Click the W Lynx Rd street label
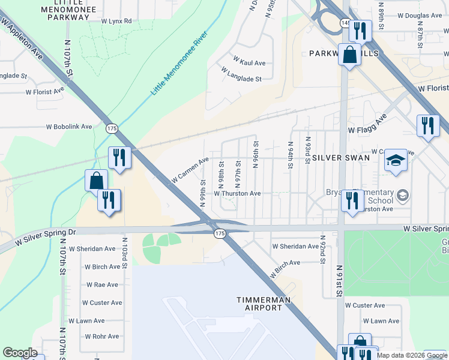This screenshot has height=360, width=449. tap(116, 21)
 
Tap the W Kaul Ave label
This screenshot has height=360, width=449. tap(249, 63)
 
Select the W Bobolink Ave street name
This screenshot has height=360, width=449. tap(70, 127)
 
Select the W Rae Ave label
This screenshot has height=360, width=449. tap(104, 285)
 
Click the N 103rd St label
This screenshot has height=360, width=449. tap(125, 256)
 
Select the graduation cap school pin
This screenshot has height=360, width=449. tap(396, 160)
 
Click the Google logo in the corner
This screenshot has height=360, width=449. tap(20, 353)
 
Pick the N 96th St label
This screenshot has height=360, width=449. tap(256, 155)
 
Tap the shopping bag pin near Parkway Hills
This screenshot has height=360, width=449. tap(349, 55)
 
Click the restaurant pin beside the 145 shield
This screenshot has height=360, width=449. tap(360, 29)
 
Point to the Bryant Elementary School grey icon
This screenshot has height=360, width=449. tap(403, 195)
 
